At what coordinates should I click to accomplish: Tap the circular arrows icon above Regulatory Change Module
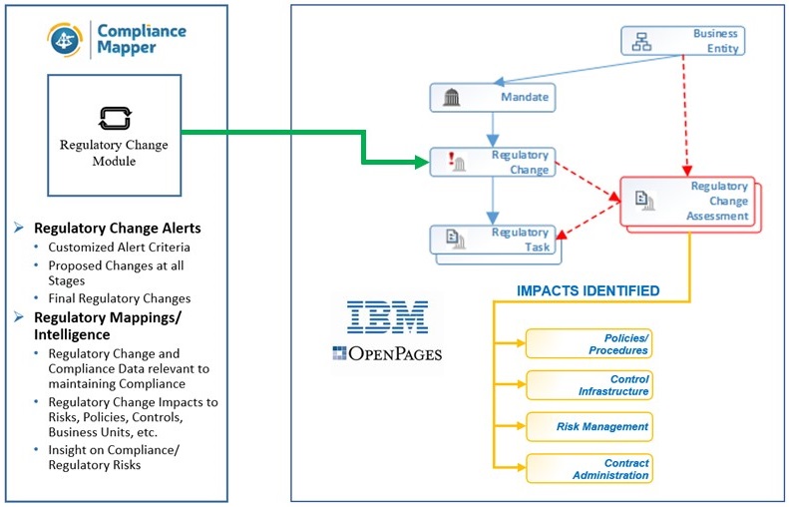pyautogui.click(x=109, y=120)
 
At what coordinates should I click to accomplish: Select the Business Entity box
pyautogui.click(x=682, y=40)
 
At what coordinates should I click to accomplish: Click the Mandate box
pyautogui.click(x=491, y=97)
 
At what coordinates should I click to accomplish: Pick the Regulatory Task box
pyautogui.click(x=495, y=240)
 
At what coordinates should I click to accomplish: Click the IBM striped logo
pyautogui.click(x=387, y=316)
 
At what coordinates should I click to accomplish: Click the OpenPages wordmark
pyautogui.click(x=387, y=353)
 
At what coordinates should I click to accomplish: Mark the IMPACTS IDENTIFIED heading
pyautogui.click(x=588, y=291)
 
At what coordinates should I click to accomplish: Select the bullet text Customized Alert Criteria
pyautogui.click(x=119, y=247)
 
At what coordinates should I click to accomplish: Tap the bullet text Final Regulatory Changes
pyautogui.click(x=119, y=297)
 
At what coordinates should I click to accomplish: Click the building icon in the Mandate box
pyautogui.click(x=450, y=97)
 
